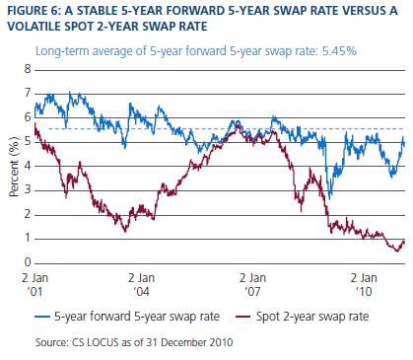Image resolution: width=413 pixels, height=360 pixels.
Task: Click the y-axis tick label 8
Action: tap(28, 69)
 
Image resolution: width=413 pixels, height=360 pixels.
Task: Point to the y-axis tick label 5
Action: tap(28, 142)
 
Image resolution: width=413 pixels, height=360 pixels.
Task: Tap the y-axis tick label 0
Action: tap(28, 262)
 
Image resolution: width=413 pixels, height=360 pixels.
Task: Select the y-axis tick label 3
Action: tap(28, 190)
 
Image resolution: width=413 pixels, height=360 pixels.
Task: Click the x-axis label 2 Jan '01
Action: tap(35, 284)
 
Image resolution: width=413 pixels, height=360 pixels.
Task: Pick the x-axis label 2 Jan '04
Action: tap(141, 284)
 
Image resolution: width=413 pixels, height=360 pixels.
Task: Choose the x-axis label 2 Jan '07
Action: tap(252, 284)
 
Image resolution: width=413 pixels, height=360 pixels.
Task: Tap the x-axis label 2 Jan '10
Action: tap(364, 284)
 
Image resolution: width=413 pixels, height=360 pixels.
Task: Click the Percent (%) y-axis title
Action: tap(14, 167)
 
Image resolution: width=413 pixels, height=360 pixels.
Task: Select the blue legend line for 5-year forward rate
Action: tap(42, 317)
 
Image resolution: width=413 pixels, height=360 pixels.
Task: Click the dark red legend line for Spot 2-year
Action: tap(243, 317)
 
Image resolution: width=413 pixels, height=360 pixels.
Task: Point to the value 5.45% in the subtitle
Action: tap(339, 51)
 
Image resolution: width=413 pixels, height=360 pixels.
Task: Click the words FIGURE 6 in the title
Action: tap(33, 11)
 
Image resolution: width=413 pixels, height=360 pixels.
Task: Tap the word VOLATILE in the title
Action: tap(34, 27)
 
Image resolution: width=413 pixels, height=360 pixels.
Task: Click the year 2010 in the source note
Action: tap(222, 342)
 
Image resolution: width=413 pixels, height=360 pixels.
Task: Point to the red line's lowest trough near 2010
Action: tap(397, 252)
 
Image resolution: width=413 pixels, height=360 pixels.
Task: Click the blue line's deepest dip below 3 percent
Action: tap(329, 198)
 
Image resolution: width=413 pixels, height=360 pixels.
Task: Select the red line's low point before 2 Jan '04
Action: tap(125, 231)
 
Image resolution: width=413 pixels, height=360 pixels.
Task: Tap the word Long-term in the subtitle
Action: tap(62, 51)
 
